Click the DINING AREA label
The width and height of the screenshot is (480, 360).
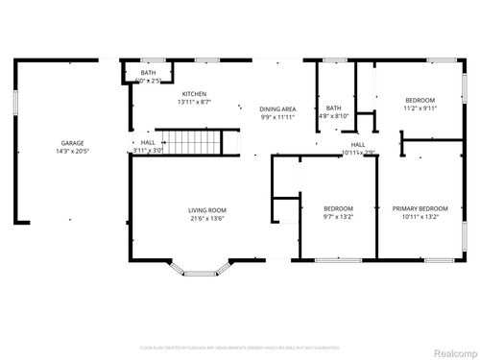point(277,109)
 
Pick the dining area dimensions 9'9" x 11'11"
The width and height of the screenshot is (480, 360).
point(277,118)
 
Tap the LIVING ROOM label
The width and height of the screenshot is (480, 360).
point(206,209)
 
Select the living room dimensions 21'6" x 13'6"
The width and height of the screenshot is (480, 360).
point(206,218)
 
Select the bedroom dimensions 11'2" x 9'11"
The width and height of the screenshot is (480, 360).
point(420,109)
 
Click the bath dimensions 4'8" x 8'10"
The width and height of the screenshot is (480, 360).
point(334,116)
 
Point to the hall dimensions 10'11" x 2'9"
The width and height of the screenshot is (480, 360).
point(358,153)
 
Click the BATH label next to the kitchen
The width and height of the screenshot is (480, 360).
point(148,72)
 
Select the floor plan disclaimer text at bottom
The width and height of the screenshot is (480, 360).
point(240,347)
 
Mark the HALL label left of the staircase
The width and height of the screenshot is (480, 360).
point(147,142)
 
